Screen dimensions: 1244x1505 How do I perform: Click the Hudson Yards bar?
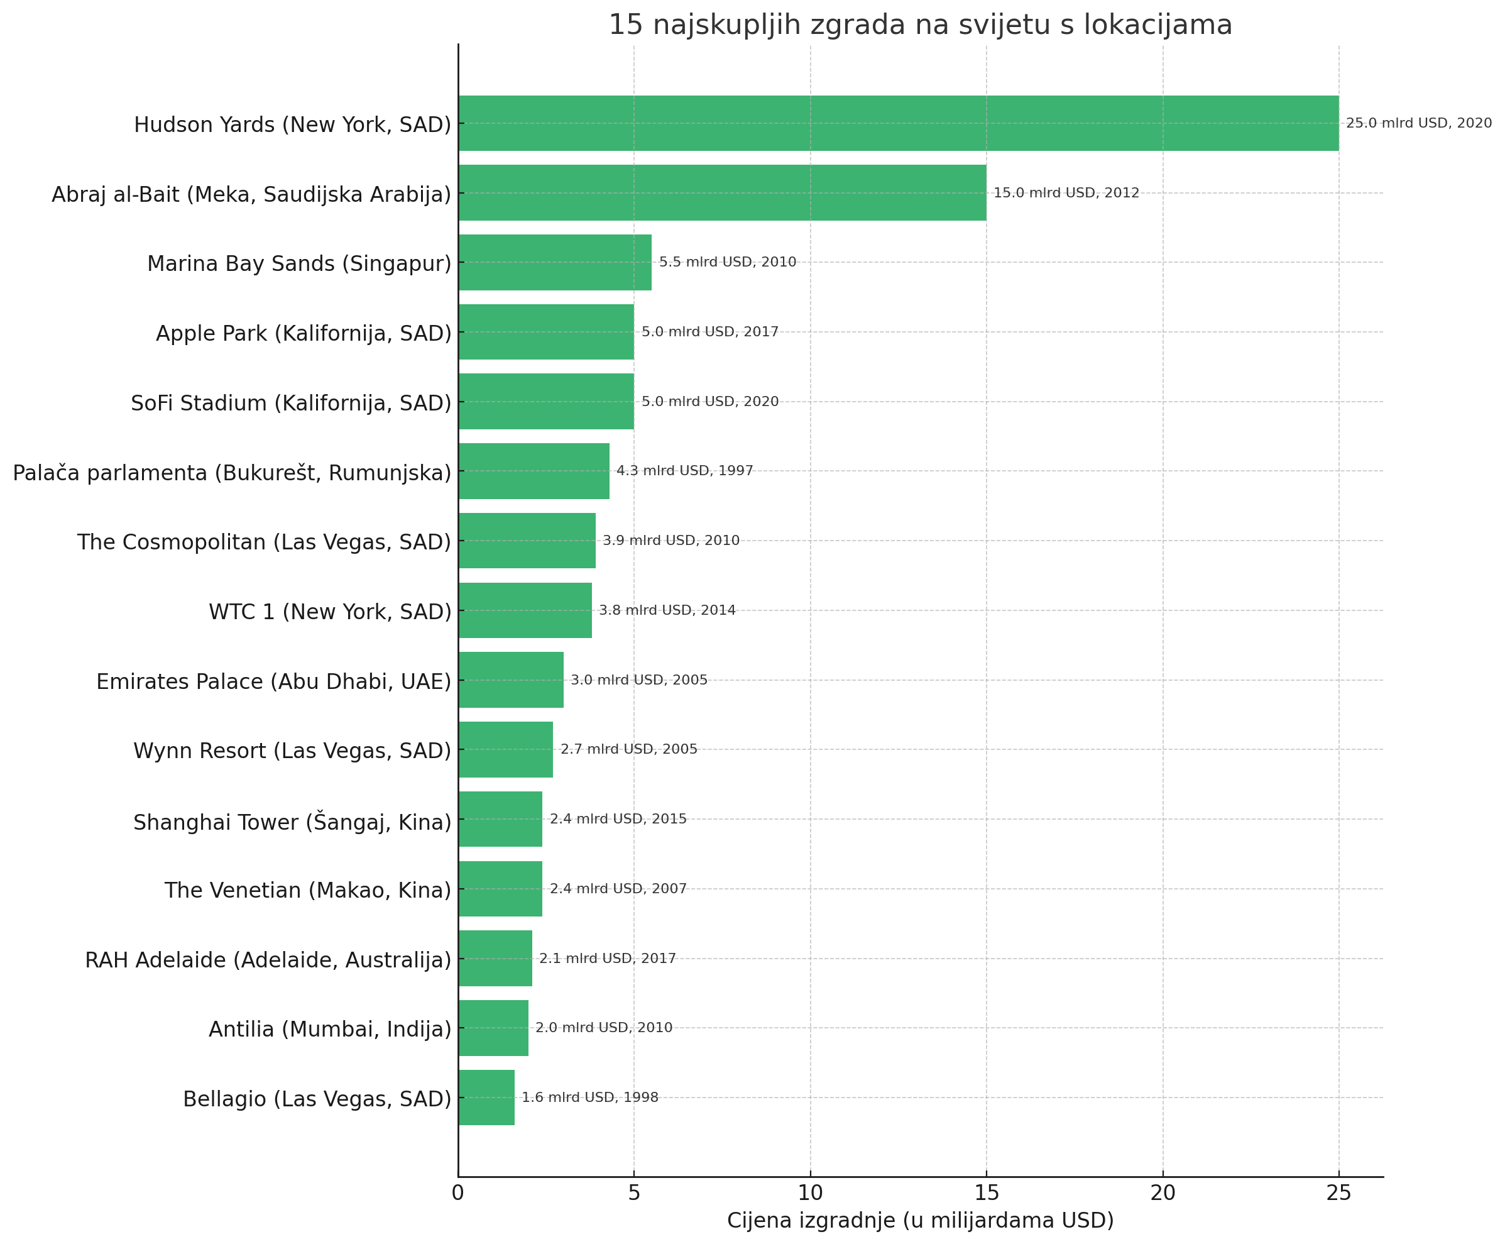point(897,123)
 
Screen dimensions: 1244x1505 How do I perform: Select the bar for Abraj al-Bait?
point(722,193)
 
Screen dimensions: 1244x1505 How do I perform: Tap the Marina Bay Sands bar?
point(554,262)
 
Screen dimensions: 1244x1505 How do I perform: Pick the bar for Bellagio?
point(486,1097)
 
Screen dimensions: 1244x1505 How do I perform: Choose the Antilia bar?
point(493,1028)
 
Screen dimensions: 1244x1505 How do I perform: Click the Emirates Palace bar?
point(511,680)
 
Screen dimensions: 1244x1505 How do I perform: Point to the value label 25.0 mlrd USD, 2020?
point(1418,123)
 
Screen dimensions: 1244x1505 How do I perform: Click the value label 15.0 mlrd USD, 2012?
point(1066,193)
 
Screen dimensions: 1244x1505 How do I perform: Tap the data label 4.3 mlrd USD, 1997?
point(685,471)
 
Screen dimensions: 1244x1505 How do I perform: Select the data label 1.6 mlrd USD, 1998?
point(589,1097)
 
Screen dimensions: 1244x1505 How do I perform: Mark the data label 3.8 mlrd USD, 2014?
point(667,610)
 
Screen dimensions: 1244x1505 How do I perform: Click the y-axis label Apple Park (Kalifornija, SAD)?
point(304,333)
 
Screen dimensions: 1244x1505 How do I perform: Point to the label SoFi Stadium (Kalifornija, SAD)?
point(291,404)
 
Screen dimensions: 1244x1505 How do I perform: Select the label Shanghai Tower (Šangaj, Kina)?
point(292,821)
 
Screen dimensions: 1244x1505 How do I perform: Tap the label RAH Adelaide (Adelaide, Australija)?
point(268,961)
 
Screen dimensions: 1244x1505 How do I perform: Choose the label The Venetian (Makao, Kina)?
point(308,890)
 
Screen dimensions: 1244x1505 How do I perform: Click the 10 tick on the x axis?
point(810,1193)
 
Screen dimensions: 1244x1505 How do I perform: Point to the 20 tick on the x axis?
point(1163,1193)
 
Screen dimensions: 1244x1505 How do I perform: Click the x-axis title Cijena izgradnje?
point(920,1220)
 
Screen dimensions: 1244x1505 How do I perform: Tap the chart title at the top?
point(920,25)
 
